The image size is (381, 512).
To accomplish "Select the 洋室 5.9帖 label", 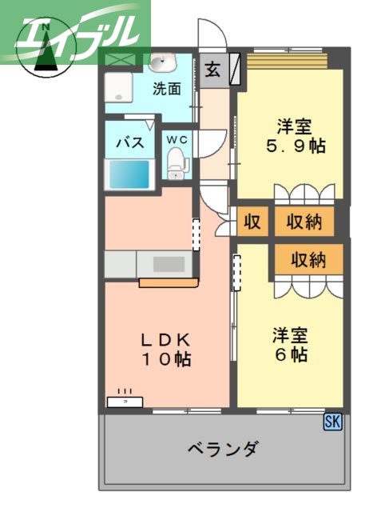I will [294, 136].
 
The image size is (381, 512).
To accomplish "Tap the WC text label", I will [177, 140].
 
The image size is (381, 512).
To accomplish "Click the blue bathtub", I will [129, 174].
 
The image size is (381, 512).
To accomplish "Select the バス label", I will [129, 143].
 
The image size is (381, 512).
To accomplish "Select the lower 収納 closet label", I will [308, 260].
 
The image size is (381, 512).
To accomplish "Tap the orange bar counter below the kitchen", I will [168, 282].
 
